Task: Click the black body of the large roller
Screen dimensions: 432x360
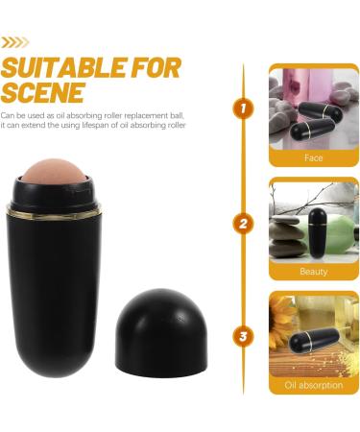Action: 70,288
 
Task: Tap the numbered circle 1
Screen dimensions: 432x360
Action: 244,110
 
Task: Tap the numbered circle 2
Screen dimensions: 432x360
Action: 244,224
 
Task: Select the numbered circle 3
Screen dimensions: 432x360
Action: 244,337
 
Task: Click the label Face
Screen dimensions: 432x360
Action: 314,157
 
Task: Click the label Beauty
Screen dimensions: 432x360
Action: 314,272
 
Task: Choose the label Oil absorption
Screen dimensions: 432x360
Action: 314,386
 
